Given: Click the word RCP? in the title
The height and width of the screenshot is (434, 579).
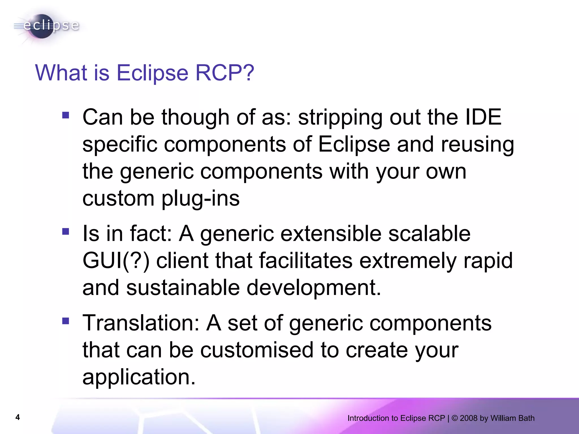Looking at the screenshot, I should click(225, 73).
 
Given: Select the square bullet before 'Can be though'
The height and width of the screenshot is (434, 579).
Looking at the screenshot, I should click(66, 115).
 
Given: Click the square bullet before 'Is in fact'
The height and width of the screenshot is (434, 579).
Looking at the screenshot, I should click(66, 232).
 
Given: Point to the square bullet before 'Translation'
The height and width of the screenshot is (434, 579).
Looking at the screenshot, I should click(66, 321).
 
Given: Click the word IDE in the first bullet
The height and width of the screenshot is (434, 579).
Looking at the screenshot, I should click(483, 117).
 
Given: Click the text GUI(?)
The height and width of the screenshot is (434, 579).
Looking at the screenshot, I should click(116, 261).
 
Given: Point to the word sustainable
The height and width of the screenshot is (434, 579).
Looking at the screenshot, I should click(183, 288).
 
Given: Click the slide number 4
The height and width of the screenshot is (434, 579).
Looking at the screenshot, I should click(18, 417).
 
